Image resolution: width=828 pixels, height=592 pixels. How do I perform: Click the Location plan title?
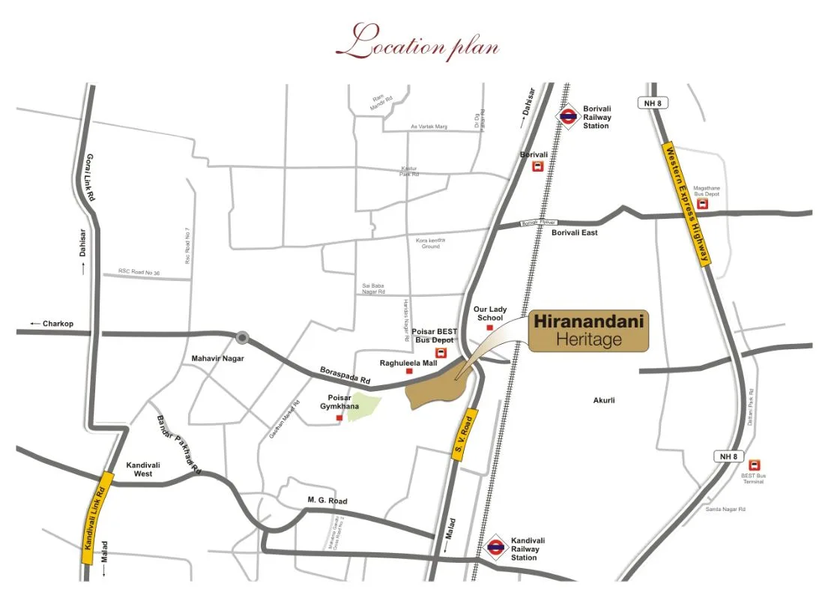[417, 43]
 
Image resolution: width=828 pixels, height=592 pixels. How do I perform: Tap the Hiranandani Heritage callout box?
[589, 332]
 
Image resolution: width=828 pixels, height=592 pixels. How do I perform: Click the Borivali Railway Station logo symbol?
[569, 117]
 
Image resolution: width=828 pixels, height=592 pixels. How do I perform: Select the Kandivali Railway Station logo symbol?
[495, 548]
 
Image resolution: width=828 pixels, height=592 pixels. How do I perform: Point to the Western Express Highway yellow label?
[687, 204]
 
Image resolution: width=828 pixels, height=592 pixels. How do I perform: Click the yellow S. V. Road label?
[465, 435]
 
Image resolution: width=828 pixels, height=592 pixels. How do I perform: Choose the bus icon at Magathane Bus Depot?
[702, 204]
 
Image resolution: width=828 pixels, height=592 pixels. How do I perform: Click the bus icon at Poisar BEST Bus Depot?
[441, 354]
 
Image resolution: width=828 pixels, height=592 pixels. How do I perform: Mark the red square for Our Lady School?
[490, 327]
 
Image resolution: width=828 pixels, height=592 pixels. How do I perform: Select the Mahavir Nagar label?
[218, 358]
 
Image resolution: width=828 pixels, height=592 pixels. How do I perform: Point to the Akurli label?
[604, 400]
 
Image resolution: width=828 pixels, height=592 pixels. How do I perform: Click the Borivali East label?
[575, 233]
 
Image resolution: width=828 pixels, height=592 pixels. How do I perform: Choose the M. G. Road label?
[327, 501]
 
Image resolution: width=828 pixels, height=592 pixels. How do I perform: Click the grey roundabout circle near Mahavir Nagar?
[242, 337]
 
